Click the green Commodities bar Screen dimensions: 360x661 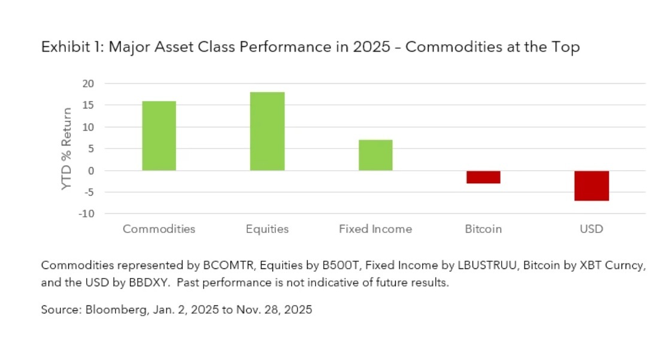(x=159, y=136)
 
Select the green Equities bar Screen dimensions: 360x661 (x=267, y=131)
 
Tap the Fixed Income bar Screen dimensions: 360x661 (x=375, y=155)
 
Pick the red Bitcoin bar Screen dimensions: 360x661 (x=483, y=177)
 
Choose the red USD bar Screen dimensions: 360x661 (x=592, y=186)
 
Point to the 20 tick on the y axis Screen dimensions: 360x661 (x=88, y=83)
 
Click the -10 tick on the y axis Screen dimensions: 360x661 (x=87, y=214)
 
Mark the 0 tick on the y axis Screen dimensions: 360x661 (x=91, y=171)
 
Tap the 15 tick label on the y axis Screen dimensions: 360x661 (x=88, y=105)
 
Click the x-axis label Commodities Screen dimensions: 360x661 (x=159, y=229)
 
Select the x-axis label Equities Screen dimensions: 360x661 (x=267, y=229)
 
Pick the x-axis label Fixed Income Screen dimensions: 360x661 (x=375, y=229)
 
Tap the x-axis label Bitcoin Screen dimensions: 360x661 (x=483, y=229)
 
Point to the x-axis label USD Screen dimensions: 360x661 (x=592, y=229)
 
